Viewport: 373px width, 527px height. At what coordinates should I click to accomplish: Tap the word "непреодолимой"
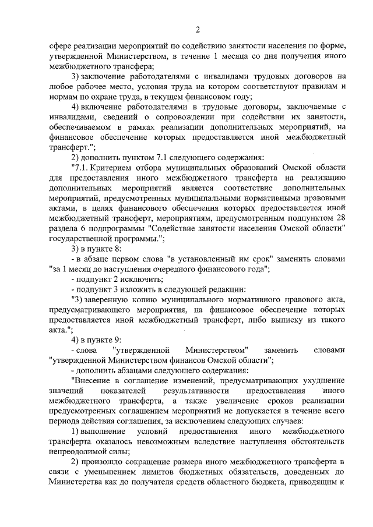pos(78,451)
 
